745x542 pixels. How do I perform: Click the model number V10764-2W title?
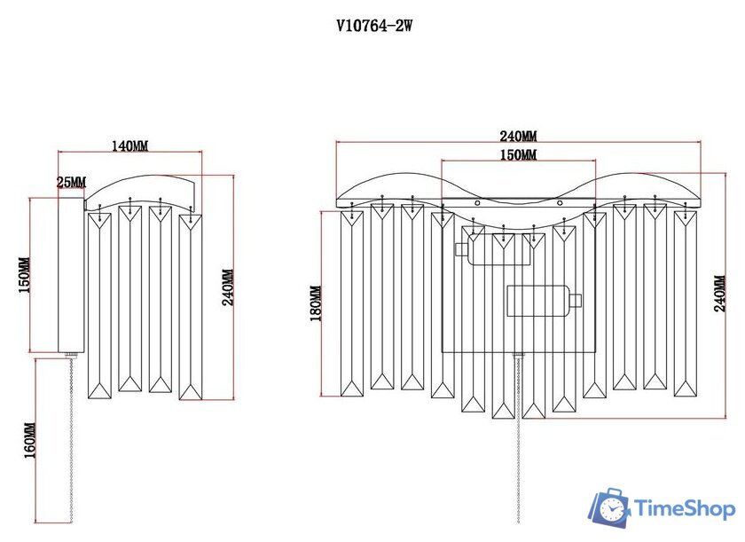pos(374,25)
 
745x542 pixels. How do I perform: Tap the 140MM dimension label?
pos(129,145)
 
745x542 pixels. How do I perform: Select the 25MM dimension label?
pos(71,182)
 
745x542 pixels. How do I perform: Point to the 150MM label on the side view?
pos(25,275)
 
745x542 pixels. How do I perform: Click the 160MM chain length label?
pos(29,441)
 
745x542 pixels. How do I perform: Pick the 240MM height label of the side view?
pos(228,287)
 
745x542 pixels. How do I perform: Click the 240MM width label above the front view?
pos(518,137)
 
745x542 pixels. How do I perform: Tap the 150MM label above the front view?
pos(518,155)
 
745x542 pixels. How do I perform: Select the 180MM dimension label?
pos(316,303)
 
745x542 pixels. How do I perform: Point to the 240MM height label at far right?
pos(720,293)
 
